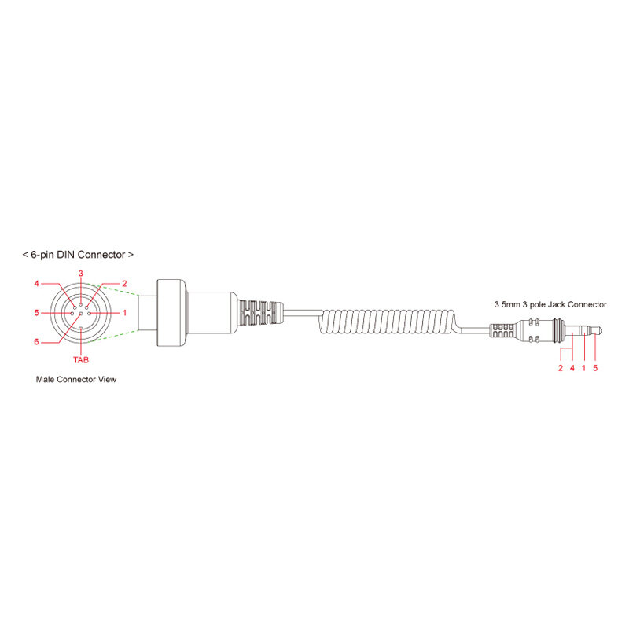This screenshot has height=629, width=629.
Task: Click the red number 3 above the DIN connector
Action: (x=81, y=274)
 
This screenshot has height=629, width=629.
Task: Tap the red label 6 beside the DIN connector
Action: (x=36, y=342)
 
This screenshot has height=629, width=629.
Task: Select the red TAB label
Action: (x=81, y=360)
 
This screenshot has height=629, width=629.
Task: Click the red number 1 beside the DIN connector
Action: (x=125, y=312)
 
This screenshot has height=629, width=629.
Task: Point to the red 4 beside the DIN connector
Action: (x=36, y=284)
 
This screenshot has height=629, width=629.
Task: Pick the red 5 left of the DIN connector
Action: (x=36, y=312)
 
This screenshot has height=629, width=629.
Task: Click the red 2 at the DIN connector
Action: (x=124, y=284)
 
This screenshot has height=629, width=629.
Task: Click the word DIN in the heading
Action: (x=66, y=254)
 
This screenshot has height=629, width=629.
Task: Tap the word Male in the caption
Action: (x=45, y=379)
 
